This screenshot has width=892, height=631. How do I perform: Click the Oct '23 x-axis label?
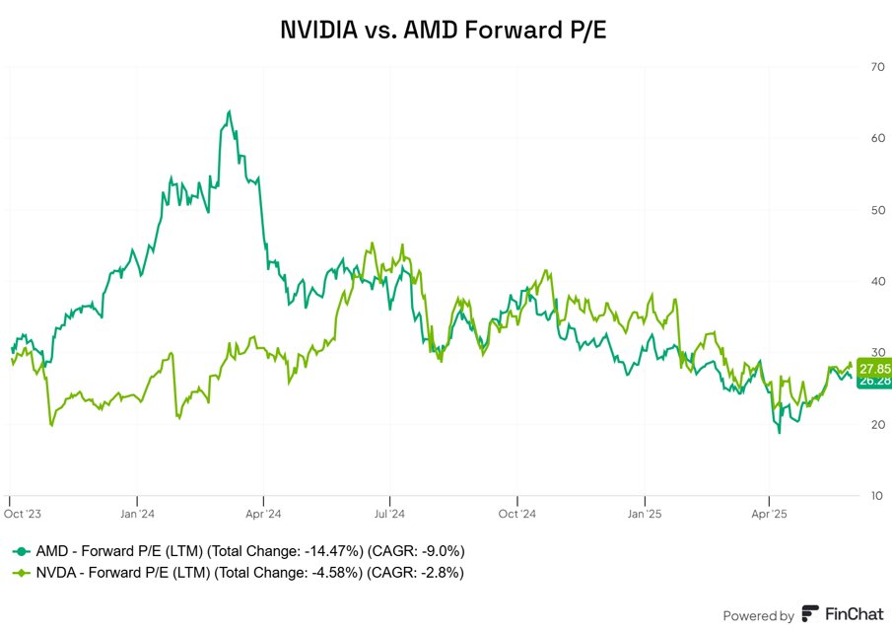pos(23,514)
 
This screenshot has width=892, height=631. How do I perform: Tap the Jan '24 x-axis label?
pos(138,514)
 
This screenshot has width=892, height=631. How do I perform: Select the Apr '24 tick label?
pos(264,514)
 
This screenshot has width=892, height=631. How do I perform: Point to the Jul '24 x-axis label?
pos(389,514)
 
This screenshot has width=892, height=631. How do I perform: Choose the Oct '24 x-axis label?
pos(516,514)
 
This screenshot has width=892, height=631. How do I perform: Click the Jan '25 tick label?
pos(644,514)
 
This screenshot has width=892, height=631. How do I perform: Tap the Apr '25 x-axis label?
pos(769,514)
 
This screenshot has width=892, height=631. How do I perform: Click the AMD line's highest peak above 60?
pos(229,111)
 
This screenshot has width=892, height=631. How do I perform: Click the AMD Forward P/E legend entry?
pos(238,551)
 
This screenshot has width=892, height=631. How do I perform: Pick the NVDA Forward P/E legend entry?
pos(238,572)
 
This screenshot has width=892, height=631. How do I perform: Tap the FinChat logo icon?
pos(810,614)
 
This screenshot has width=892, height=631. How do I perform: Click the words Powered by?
pos(758,615)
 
